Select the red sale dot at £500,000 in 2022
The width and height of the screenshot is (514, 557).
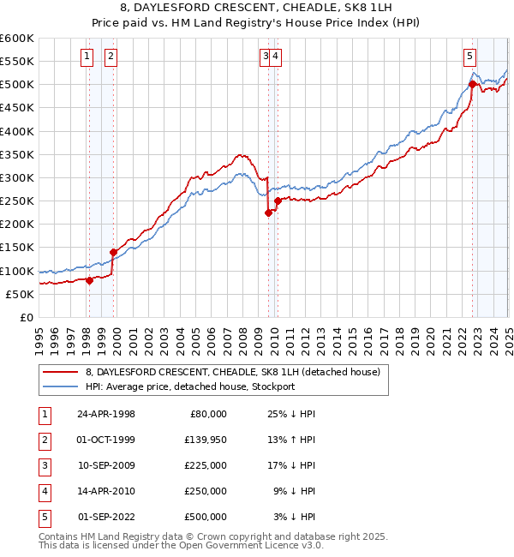tap(472, 84)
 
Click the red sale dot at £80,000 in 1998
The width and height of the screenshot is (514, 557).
tap(90, 279)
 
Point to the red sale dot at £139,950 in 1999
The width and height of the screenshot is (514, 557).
tap(113, 252)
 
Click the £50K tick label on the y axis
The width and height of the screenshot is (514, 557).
tap(20, 294)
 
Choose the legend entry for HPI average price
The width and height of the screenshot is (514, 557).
tap(189, 386)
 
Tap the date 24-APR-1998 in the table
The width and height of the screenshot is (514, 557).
tap(106, 414)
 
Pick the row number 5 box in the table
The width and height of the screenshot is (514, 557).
tap(44, 517)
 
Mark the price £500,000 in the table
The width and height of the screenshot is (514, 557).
tap(206, 517)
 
